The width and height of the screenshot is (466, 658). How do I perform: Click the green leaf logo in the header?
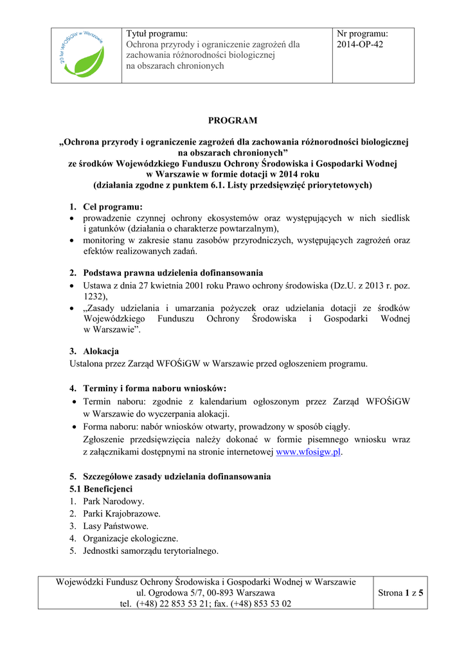[86, 55]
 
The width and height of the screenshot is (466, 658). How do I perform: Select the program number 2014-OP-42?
[360, 44]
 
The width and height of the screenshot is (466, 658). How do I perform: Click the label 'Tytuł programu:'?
[157, 33]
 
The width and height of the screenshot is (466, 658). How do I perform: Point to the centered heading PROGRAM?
[233, 120]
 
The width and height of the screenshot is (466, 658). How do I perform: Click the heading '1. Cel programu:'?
[106, 207]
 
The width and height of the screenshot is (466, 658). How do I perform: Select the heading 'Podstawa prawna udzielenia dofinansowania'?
[173, 273]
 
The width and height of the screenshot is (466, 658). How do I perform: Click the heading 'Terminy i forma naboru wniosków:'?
[154, 389]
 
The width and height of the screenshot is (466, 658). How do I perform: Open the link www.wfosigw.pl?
[308, 452]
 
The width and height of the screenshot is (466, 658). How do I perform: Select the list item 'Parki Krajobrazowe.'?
[121, 513]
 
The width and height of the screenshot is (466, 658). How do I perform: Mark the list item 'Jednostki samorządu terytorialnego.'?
[150, 551]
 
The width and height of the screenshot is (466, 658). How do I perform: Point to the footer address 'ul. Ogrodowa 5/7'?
[170, 592]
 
